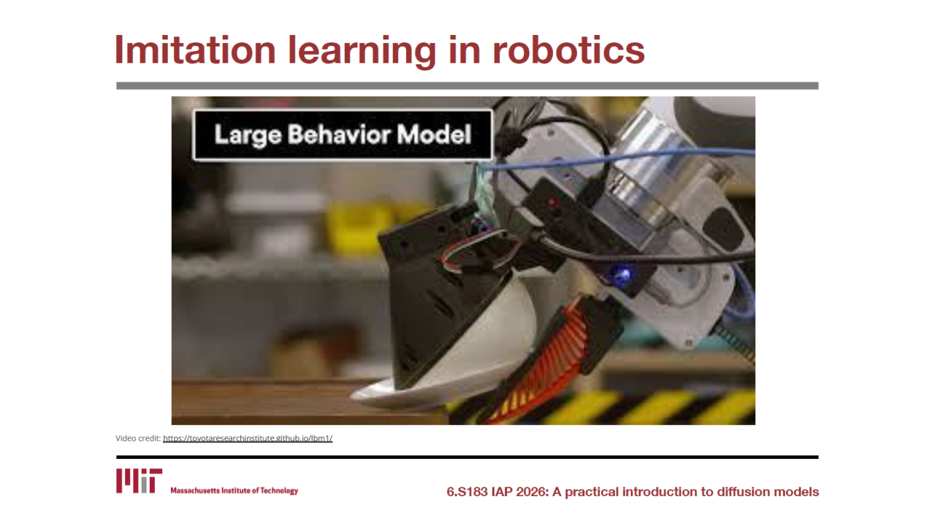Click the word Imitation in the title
195,50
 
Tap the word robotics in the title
568,50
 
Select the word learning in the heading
362,52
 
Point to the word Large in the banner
248,135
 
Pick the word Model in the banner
434,134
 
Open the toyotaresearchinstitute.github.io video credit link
248,438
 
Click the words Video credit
138,438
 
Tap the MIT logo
139,481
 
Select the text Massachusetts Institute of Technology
234,490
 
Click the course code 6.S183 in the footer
467,492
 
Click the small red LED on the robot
553,203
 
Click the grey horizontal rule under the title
467,85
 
